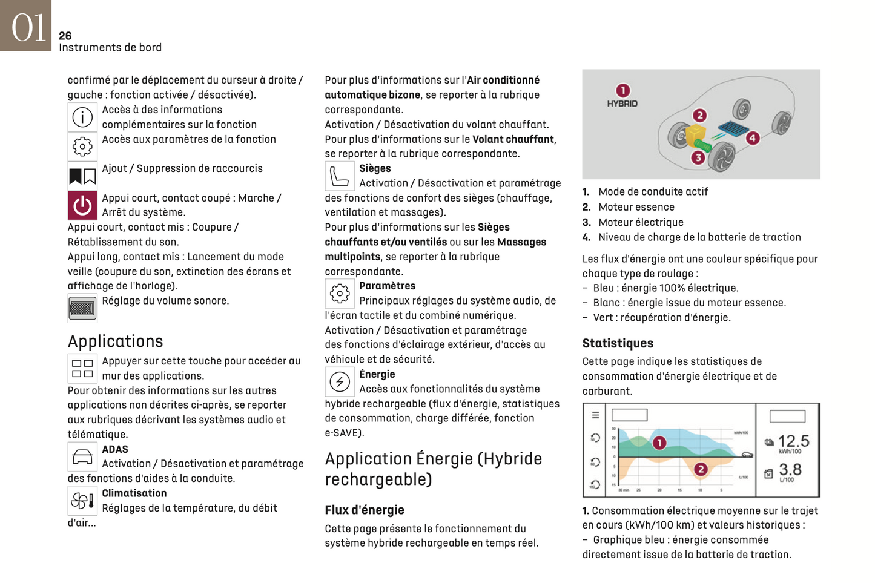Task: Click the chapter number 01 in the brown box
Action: click(28, 27)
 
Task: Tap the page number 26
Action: click(65, 36)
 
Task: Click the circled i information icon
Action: click(82, 117)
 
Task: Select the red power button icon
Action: click(82, 206)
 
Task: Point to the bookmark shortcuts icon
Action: click(82, 176)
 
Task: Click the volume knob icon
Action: click(82, 308)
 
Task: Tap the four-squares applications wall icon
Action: click(82, 368)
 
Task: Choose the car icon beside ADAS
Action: click(82, 456)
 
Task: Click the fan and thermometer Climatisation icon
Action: click(82, 501)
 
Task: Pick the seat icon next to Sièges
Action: click(339, 176)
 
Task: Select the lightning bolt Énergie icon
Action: click(339, 382)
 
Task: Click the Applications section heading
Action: click(115, 341)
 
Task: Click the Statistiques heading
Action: click(618, 344)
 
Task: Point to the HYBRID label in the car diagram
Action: click(622, 104)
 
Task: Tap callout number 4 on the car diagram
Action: click(753, 138)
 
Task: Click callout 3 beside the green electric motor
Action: click(698, 157)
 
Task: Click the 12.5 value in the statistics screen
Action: click(793, 441)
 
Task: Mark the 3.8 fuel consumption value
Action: click(790, 469)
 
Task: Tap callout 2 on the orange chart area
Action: click(701, 469)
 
